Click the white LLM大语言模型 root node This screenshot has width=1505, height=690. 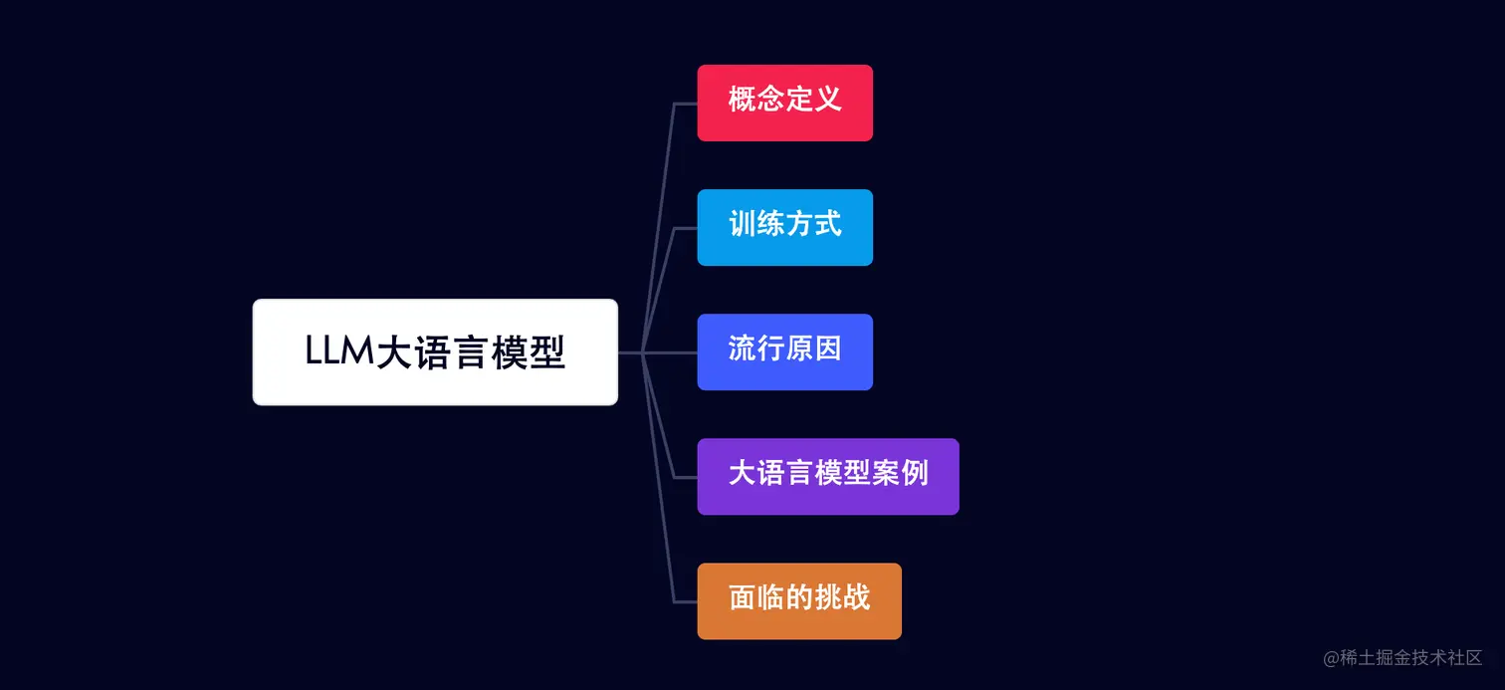pyautogui.click(x=435, y=351)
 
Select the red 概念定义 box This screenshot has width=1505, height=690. pyautogui.click(x=784, y=103)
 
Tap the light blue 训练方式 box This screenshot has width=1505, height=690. pyautogui.click(x=784, y=227)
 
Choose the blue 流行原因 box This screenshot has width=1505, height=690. pyautogui.click(x=784, y=351)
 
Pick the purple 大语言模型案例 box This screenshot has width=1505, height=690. pyautogui.click(x=827, y=476)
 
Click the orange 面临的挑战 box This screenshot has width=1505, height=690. pyautogui.click(x=798, y=600)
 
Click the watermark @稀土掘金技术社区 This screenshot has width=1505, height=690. pyautogui.click(x=1402, y=657)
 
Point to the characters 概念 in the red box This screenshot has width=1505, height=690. pyautogui.click(x=756, y=100)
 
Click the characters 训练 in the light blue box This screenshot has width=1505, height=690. pyautogui.click(x=756, y=224)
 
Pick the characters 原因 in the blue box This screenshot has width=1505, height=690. pyautogui.click(x=813, y=348)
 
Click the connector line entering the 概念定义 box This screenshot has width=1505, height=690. pyautogui.click(x=686, y=103)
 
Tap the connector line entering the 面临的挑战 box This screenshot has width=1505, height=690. pyautogui.click(x=686, y=601)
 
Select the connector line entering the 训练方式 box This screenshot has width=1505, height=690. pyautogui.click(x=686, y=228)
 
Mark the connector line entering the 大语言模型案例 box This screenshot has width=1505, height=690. pyautogui.click(x=686, y=477)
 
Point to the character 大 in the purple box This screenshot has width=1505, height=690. pyautogui.click(x=742, y=472)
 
